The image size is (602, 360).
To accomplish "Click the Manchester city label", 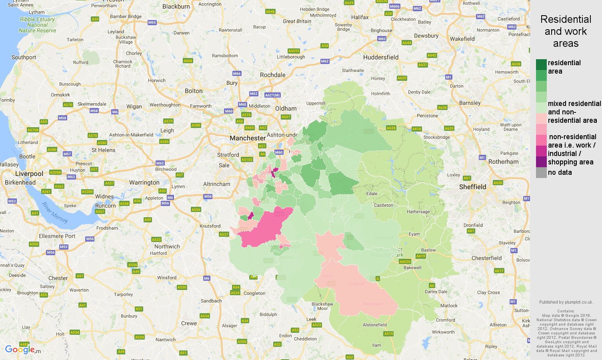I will (247, 138).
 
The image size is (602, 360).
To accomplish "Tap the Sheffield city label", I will (472, 187).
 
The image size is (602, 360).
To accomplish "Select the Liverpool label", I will (29, 174).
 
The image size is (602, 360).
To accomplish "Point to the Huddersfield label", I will (380, 57).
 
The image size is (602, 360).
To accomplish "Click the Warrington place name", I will (144, 182).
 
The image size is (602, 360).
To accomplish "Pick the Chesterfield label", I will (486, 258).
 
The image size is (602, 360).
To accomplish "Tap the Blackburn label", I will (176, 6).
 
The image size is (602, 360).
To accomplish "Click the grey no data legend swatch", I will (541, 172).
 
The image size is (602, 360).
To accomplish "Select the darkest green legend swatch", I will (541, 64).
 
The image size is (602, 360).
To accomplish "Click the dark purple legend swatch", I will (541, 162).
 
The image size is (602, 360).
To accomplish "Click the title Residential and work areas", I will (565, 31).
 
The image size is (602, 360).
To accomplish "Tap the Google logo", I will (20, 350).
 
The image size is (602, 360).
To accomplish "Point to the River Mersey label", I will (55, 212).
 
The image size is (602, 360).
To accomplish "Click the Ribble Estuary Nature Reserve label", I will (37, 25).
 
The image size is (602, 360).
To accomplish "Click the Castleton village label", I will (383, 205).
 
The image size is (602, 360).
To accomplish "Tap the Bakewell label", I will (412, 268).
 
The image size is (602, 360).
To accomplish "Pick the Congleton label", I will (254, 293).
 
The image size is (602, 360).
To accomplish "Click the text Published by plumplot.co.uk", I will (566, 302).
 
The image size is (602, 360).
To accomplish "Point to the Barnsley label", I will (470, 103).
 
